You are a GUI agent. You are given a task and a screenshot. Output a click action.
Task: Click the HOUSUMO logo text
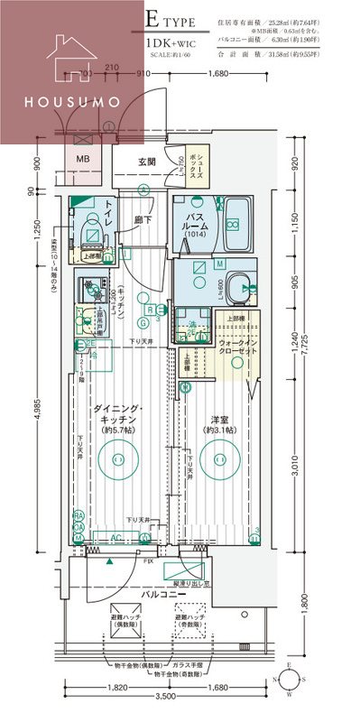(x=72, y=101)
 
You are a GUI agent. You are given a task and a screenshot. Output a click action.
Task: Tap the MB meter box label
(x=83, y=160)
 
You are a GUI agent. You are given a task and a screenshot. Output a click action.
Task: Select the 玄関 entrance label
(x=147, y=162)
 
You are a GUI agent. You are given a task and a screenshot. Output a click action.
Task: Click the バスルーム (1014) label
(x=194, y=223)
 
